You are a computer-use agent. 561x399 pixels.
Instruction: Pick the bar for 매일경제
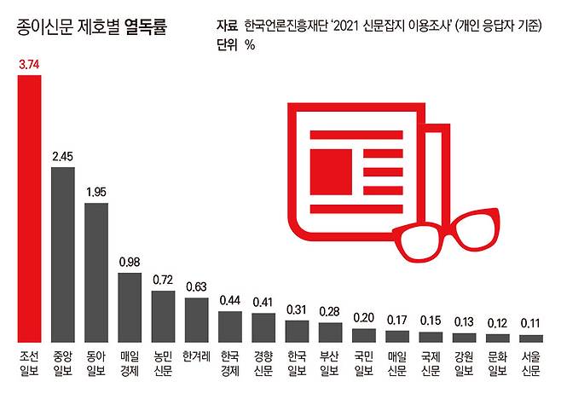tap(129, 307)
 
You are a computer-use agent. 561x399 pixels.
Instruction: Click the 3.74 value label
tap(28, 65)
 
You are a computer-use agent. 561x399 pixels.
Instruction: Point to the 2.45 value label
tap(62, 156)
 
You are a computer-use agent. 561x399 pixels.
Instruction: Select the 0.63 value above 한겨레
tap(195, 287)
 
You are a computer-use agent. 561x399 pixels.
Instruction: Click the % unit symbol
tap(250, 45)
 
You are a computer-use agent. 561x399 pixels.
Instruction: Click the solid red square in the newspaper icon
tap(328, 162)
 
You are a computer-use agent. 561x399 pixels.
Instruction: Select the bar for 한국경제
tap(229, 326)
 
